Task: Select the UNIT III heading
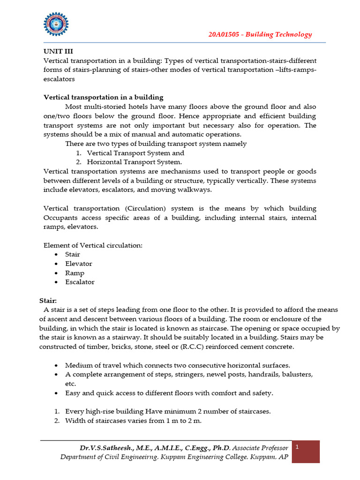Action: coord(58,52)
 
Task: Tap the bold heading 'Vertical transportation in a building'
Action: coord(103,97)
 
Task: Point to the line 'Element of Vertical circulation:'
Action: coord(93,245)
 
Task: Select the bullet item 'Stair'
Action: coord(72,255)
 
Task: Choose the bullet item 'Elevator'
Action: coord(78,264)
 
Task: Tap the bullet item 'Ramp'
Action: coord(75,273)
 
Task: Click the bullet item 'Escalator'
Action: coord(79,282)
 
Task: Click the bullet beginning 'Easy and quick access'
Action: coord(169,393)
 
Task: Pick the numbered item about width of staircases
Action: coord(133,420)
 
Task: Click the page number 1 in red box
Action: coord(297,448)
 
